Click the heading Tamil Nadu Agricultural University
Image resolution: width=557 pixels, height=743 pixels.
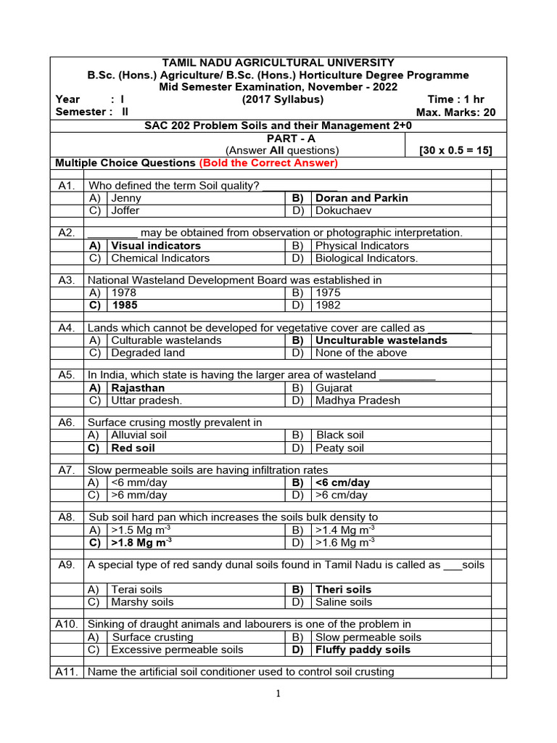click(278, 63)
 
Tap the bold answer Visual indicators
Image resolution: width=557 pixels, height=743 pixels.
click(155, 246)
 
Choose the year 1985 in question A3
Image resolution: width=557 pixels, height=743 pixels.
click(124, 305)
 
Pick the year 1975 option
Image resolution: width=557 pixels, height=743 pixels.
click(328, 293)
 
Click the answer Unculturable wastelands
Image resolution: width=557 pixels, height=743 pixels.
click(381, 340)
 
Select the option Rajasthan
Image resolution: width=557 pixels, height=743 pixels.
click(138, 388)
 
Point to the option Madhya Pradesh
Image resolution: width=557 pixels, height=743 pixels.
click(358, 401)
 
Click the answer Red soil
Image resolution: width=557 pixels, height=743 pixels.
click(133, 448)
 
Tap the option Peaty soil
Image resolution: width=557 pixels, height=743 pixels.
click(340, 448)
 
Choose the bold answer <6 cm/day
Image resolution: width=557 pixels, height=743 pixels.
click(342, 483)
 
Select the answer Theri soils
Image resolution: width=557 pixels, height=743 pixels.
click(344, 590)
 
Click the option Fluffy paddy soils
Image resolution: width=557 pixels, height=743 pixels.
click(363, 650)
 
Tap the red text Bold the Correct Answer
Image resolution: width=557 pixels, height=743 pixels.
click(268, 163)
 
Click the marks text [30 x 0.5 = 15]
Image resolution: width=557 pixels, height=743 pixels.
click(455, 150)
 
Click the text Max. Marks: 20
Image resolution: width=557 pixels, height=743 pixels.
click(455, 112)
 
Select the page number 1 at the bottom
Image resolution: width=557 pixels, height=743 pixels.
click(277, 694)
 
